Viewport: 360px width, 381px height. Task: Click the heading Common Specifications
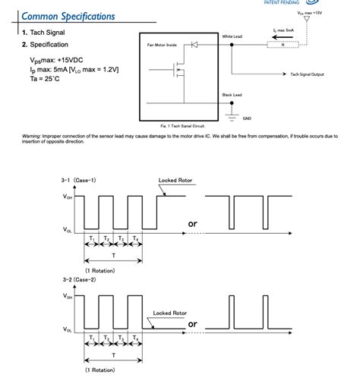coord(69,15)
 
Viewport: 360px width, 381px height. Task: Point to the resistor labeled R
coord(282,45)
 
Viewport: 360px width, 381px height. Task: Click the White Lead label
coord(232,36)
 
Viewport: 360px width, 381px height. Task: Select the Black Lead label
coord(232,95)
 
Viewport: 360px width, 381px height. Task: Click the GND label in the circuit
coord(247,118)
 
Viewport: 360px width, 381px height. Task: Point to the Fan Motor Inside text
coord(161,46)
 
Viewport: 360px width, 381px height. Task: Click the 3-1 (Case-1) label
coord(79,181)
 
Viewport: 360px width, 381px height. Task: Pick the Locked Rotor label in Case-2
coord(170,312)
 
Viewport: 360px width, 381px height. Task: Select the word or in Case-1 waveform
coord(192,223)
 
